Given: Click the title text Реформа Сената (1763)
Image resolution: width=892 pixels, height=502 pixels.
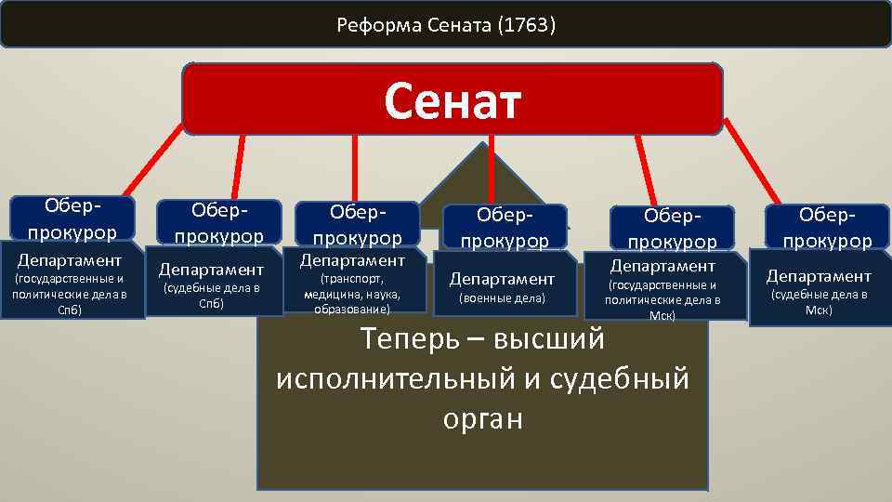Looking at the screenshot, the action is pos(446,24).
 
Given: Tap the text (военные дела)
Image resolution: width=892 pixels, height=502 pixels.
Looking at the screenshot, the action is pos(502,298).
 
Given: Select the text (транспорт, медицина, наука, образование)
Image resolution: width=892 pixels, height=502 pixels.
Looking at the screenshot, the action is pos(352,293).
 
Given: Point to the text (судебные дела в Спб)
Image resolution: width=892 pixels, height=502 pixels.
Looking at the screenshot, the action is pos(211,296).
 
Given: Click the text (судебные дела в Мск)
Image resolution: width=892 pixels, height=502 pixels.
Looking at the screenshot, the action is pos(819,302).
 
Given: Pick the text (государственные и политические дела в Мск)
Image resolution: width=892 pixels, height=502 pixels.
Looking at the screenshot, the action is pos(662,300).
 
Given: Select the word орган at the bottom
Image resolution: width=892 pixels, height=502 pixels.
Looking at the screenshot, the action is pos(482,418).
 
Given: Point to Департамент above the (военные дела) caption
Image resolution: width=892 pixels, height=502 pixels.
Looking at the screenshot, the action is pos(502,278).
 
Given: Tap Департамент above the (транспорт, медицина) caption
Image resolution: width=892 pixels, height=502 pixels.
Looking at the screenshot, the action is pos(352,260).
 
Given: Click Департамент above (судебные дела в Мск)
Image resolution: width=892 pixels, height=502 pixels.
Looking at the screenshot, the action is pos(819,275).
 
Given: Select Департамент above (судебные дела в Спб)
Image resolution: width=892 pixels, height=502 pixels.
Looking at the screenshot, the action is pos(211,270).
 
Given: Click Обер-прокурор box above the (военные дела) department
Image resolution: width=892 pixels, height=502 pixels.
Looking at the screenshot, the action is pos(505,228).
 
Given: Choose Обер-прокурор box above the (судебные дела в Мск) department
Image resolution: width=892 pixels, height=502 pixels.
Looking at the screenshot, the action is pos(827,228).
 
